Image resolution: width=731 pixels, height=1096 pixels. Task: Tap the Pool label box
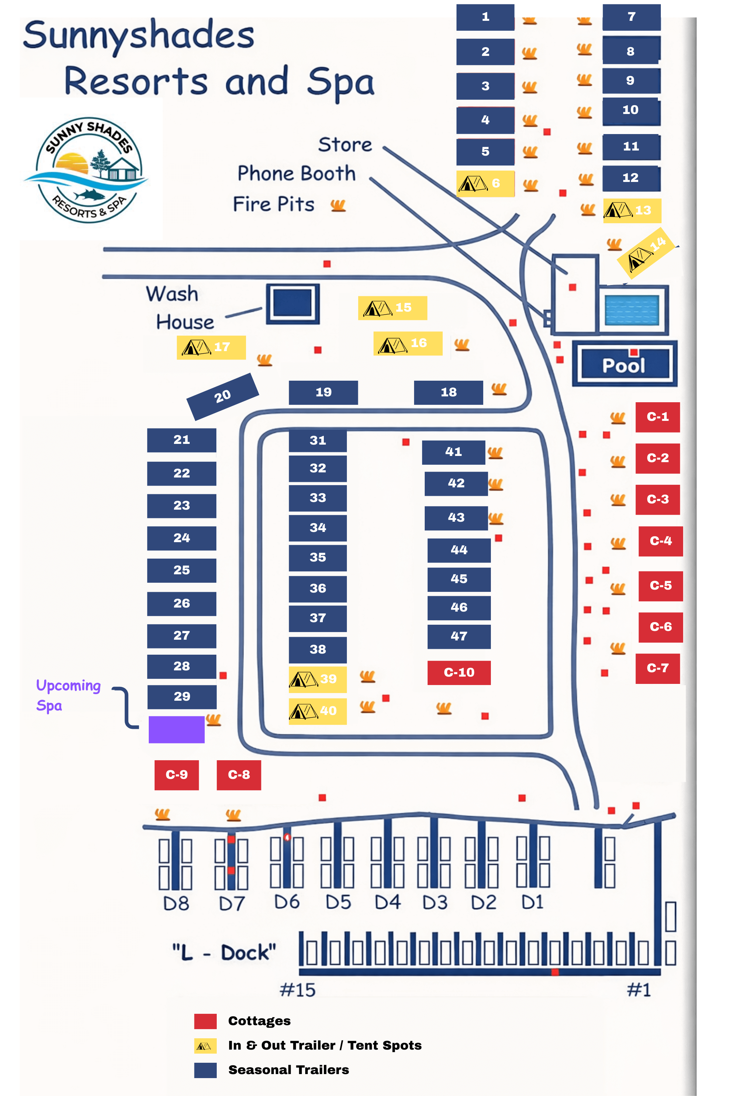point(624,364)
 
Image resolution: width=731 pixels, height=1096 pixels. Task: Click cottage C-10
point(459,673)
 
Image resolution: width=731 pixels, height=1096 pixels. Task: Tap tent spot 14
point(646,253)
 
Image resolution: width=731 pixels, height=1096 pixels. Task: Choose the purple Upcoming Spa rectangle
point(176,729)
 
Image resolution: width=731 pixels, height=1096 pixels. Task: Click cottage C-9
point(177,775)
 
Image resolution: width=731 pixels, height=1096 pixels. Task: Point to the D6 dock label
point(287,902)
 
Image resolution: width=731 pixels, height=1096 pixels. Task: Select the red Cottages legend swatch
point(205,1021)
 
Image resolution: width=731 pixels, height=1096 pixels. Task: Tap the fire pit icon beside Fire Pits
point(338,205)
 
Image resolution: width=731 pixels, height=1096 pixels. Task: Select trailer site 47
point(459,636)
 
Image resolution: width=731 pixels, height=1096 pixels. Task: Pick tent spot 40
point(318,711)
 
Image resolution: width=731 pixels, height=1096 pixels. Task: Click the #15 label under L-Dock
point(298,990)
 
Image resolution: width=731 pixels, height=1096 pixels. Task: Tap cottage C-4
point(660,541)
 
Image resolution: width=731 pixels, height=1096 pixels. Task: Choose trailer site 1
point(485,17)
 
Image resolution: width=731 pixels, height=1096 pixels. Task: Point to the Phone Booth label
point(296,173)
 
